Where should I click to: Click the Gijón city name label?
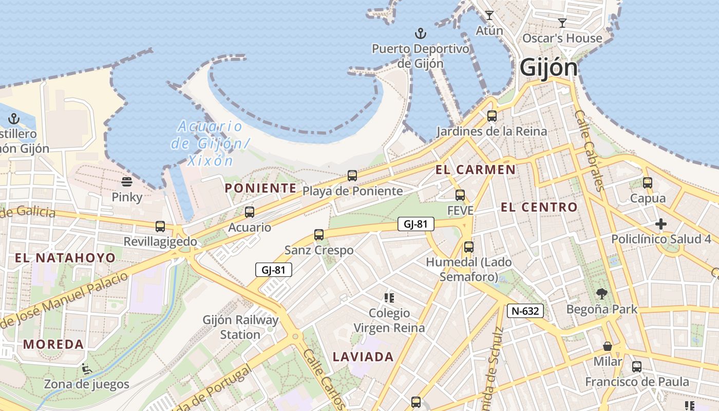[x=548, y=68]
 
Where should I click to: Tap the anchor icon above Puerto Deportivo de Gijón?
[x=421, y=34]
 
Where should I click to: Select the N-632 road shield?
[x=525, y=310]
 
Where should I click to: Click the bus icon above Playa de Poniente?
[x=352, y=176]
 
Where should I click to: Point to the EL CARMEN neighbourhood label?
[x=476, y=170]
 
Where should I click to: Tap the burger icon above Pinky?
[x=127, y=182]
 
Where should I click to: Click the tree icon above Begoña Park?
[x=601, y=294]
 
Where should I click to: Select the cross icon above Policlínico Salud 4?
[x=661, y=224]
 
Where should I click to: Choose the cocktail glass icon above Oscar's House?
[x=562, y=23]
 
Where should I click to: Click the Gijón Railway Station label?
[x=240, y=327]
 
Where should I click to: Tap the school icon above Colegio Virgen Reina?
[x=389, y=297]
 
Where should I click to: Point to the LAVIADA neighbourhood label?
[x=363, y=357]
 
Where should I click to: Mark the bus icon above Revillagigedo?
[x=160, y=226]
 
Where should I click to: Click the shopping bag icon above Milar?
[x=608, y=346]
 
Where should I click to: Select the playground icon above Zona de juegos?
[x=86, y=368]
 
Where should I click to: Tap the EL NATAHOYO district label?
[x=65, y=258]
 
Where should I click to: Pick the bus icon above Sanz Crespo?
[x=319, y=235]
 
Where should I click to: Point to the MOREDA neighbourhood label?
[x=53, y=344]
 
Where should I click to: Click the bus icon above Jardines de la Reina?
[x=492, y=116]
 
